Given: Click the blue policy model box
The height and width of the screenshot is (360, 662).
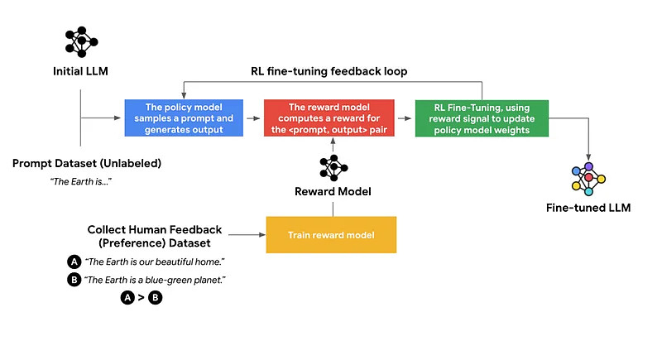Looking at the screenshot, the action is [x=184, y=118].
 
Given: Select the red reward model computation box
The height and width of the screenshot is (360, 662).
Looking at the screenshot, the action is [x=329, y=118].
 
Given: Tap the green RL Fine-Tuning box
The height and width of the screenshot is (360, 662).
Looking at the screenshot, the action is [x=482, y=118].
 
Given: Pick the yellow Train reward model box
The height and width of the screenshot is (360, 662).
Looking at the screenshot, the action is [x=331, y=235].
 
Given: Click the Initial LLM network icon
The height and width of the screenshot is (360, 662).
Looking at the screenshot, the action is [x=81, y=41].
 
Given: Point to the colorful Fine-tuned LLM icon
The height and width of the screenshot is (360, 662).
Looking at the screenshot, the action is [x=588, y=179].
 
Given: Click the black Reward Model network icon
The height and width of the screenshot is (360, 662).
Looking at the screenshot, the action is [x=333, y=167].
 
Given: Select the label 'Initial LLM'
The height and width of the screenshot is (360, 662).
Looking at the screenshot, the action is [x=80, y=71].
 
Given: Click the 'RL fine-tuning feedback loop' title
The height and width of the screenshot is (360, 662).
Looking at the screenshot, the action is [x=329, y=71].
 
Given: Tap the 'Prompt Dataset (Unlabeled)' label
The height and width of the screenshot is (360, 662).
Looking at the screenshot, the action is [x=87, y=163].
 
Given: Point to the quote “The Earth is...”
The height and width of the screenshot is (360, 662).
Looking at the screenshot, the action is [x=80, y=181].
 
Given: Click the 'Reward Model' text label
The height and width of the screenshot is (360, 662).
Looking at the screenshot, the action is [x=333, y=192].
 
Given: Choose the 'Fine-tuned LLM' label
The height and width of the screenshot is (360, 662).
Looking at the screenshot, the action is [x=588, y=208].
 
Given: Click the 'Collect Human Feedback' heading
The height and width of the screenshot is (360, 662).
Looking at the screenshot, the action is [x=155, y=229].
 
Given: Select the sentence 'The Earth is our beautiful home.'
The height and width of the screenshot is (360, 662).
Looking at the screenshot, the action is [x=155, y=262].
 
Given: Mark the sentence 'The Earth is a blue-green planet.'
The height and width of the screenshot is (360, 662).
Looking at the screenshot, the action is [x=155, y=280].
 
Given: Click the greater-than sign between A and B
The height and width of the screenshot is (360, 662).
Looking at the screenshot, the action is [x=141, y=298].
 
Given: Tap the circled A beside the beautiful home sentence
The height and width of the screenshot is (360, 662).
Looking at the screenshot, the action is [x=74, y=262].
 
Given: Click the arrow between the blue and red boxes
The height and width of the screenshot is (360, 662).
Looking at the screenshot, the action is [x=253, y=118].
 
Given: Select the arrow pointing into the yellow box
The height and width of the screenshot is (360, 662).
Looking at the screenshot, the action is [x=247, y=235].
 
